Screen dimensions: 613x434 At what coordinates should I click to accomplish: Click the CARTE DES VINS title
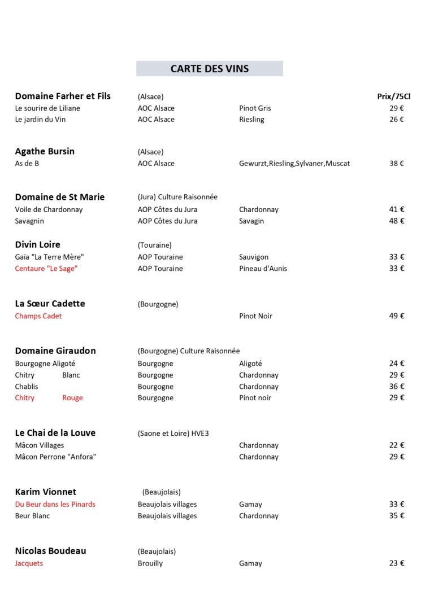click(x=210, y=69)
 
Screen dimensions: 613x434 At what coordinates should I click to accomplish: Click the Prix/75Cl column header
click(x=393, y=97)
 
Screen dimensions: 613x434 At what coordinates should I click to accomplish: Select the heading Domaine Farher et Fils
click(x=63, y=96)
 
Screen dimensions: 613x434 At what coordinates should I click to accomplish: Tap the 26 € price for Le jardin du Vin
click(x=397, y=120)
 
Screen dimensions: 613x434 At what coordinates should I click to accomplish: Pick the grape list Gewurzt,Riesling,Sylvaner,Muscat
click(x=294, y=164)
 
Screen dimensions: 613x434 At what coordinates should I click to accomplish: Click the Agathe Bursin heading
click(x=45, y=151)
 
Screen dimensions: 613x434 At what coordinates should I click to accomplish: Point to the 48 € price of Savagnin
click(x=397, y=221)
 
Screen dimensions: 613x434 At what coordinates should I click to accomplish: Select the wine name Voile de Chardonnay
click(x=49, y=209)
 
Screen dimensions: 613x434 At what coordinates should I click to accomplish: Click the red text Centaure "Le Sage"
click(x=46, y=269)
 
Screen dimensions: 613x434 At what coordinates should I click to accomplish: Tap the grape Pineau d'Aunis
click(x=263, y=269)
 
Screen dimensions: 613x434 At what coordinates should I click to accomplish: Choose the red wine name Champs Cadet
click(x=38, y=316)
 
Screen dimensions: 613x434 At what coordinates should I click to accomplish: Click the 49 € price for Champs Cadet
click(x=397, y=316)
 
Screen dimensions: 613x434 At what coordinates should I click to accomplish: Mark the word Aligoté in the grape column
click(x=250, y=364)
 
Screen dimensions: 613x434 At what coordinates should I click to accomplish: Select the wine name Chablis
click(x=27, y=387)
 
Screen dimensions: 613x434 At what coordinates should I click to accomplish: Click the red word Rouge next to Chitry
click(x=72, y=398)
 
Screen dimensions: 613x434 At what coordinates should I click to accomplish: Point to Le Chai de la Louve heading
click(x=55, y=433)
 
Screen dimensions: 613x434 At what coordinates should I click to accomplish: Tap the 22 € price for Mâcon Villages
click(x=397, y=445)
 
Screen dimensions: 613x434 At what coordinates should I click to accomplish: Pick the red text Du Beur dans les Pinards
click(x=55, y=505)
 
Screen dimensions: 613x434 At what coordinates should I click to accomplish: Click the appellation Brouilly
click(x=150, y=563)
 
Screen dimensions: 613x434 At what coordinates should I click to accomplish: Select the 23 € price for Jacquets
click(x=397, y=563)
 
